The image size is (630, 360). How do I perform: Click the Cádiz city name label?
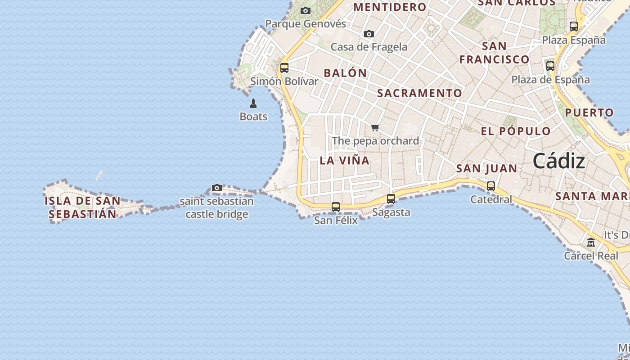pos(559,161)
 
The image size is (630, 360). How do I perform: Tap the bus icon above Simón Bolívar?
pos(284,68)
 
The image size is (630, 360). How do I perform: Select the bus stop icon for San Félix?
pos(336,207)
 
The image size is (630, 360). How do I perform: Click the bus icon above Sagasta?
pos(391,199)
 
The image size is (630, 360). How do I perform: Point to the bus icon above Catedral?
pos(491,186)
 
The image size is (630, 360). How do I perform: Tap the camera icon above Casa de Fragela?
pos(369,34)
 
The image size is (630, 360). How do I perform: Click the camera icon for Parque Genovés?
pos(306,10)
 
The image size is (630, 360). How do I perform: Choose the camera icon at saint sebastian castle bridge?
pos(217,188)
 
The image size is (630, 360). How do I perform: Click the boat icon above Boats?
pos(253,103)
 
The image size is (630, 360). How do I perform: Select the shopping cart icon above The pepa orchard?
pos(375,128)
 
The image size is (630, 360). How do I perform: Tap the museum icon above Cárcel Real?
pos(591,243)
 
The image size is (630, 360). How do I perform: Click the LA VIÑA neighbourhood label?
pos(345,160)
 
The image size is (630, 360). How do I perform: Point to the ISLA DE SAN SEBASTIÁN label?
pos(82,207)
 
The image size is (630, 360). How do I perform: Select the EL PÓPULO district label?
pos(516,131)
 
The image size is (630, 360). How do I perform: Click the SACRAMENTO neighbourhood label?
pos(419,93)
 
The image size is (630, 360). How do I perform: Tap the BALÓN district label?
pos(345,73)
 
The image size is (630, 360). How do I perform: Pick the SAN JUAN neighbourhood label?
pos(486,168)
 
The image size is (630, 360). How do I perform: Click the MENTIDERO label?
pos(390,7)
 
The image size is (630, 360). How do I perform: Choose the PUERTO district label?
pos(589,112)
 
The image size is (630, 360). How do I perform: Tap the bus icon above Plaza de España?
pos(550,66)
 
